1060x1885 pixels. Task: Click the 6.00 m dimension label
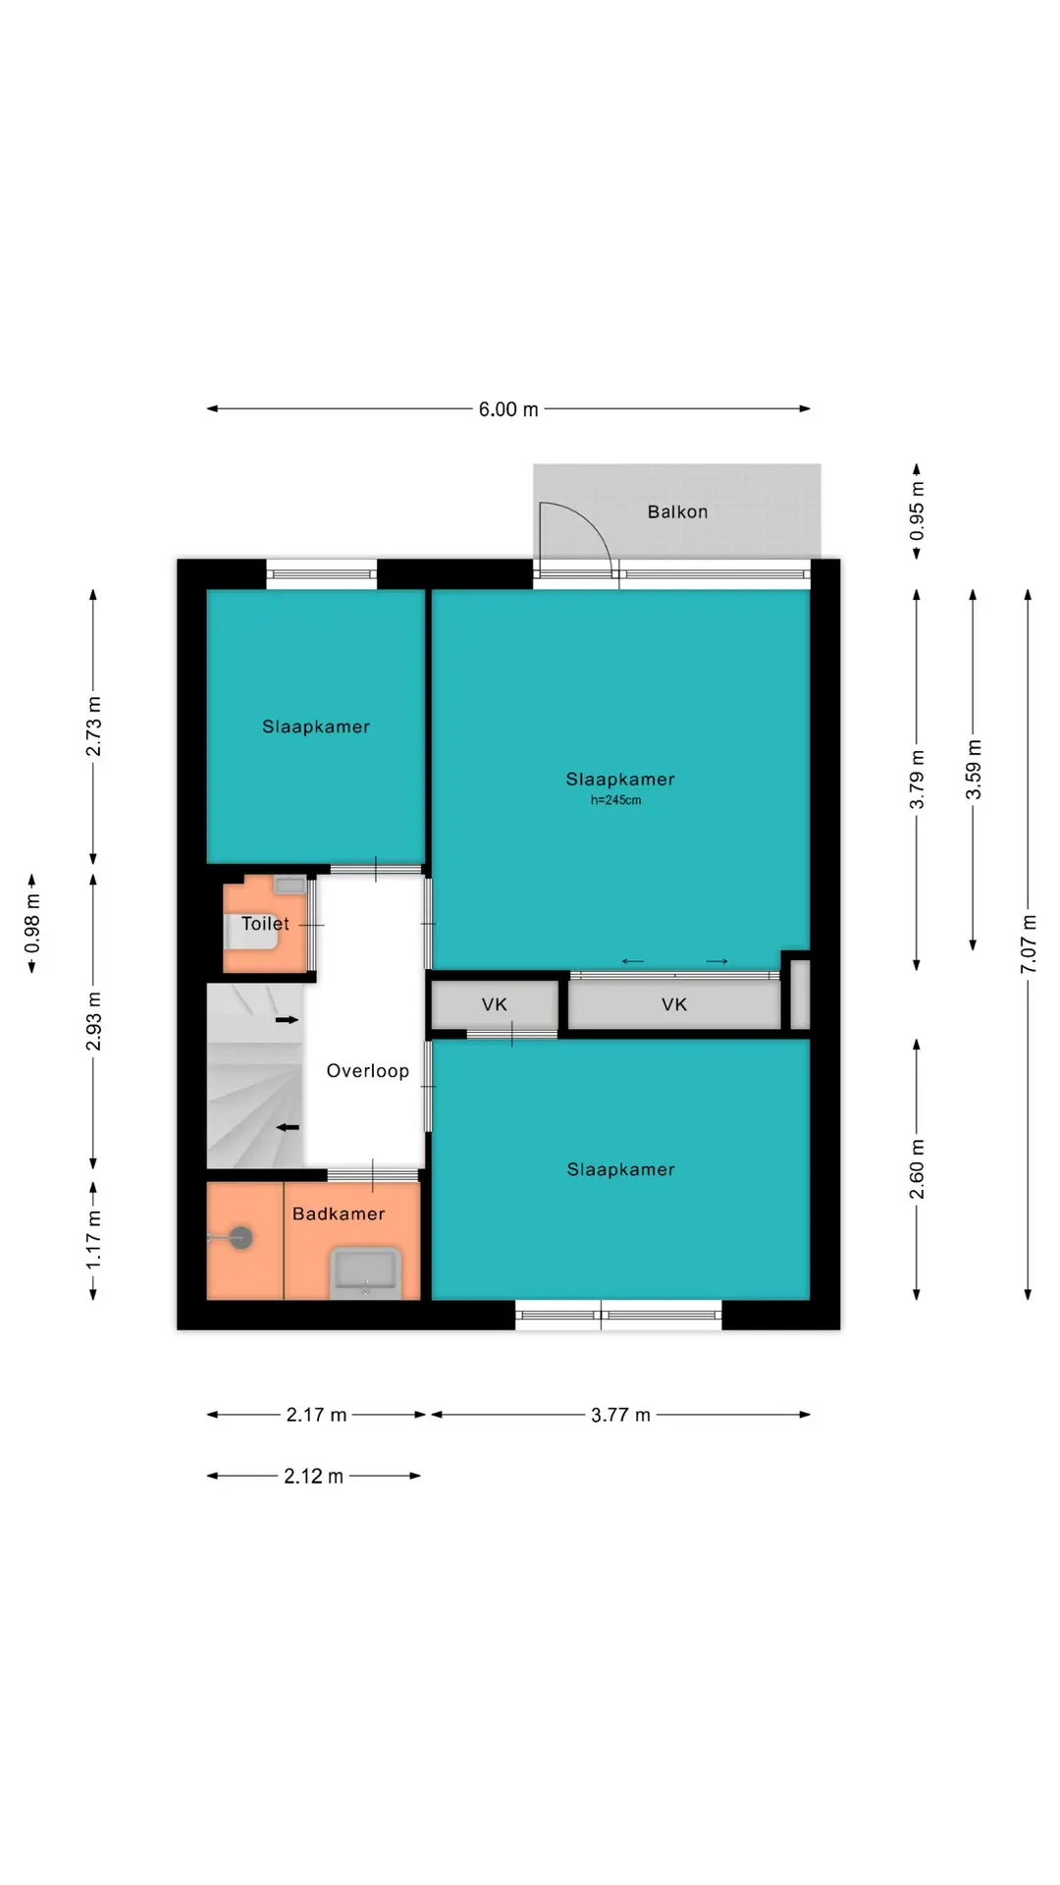coord(508,409)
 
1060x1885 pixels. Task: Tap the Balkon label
coord(677,512)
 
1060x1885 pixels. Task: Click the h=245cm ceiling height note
coord(615,800)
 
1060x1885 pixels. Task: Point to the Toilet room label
coord(265,924)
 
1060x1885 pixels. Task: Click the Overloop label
coord(367,1071)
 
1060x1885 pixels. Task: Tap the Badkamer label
coord(339,1213)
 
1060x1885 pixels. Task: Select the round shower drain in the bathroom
coord(240,1238)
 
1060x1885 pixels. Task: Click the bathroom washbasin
coord(365,1272)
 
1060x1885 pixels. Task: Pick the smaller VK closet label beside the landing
coord(495,1004)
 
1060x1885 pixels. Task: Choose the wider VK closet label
coord(674,1004)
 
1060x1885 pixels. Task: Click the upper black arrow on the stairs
coord(287,1020)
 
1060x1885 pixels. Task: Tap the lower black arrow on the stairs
coord(287,1127)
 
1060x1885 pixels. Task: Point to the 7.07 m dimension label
coord(1028,944)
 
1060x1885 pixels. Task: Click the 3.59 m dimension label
coord(973,769)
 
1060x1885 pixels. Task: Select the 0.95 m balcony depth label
coord(917,511)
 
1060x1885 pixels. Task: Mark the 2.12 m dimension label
coord(313,1476)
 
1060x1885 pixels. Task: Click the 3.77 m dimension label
coord(620,1415)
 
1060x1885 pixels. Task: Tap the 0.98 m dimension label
coord(31,923)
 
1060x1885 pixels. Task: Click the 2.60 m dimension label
coord(917,1169)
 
